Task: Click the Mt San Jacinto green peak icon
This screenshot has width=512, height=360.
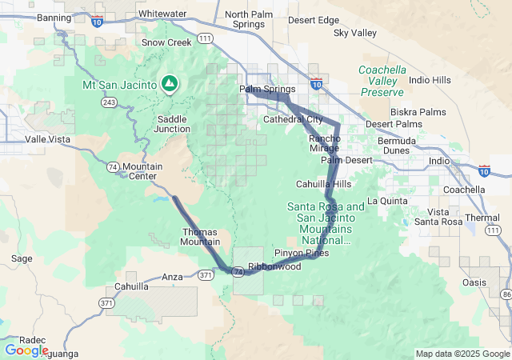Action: [170, 82]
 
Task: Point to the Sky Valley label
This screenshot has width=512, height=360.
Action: [354, 33]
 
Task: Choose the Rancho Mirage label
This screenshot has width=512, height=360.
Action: [325, 144]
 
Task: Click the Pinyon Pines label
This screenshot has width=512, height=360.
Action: [302, 253]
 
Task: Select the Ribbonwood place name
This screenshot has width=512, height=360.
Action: [274, 266]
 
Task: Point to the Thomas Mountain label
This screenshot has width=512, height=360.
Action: [200, 237]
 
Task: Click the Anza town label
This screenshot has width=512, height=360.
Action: [172, 277]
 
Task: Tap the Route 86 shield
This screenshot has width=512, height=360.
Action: [506, 295]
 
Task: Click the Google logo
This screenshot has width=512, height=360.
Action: [26, 350]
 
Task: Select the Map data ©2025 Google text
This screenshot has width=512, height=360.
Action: [462, 354]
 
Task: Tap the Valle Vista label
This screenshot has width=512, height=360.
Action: [47, 138]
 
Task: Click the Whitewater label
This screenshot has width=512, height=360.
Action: [162, 14]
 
